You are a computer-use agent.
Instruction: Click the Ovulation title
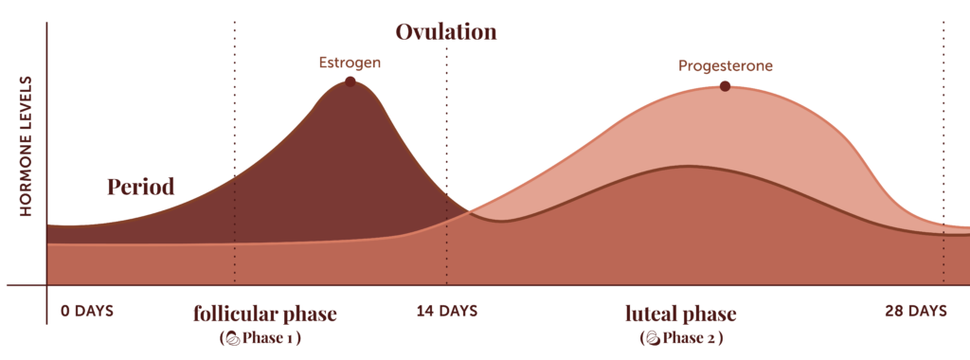pyautogui.click(x=446, y=31)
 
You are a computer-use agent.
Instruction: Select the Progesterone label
pyautogui.click(x=726, y=66)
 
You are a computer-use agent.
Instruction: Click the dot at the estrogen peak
pyautogui.click(x=350, y=81)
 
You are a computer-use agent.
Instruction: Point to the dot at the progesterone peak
pyautogui.click(x=725, y=86)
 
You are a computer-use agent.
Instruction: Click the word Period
pyautogui.click(x=140, y=187)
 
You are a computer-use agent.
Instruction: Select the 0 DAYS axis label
pyautogui.click(x=87, y=311)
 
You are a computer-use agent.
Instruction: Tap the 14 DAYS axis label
pyautogui.click(x=446, y=311)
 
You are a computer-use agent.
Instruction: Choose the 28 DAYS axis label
pyautogui.click(x=916, y=311)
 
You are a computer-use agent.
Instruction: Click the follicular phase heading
pyautogui.click(x=265, y=314)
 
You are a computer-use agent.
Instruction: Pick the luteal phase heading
pyautogui.click(x=680, y=314)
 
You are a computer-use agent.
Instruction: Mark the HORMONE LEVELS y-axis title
pyautogui.click(x=26, y=147)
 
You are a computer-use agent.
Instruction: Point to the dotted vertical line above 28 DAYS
pyautogui.click(x=943, y=142)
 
